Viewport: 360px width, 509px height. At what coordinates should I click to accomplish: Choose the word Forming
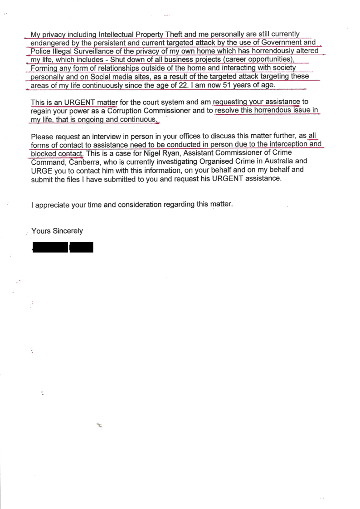(44, 68)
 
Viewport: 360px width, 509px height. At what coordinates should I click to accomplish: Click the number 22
(179, 85)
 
